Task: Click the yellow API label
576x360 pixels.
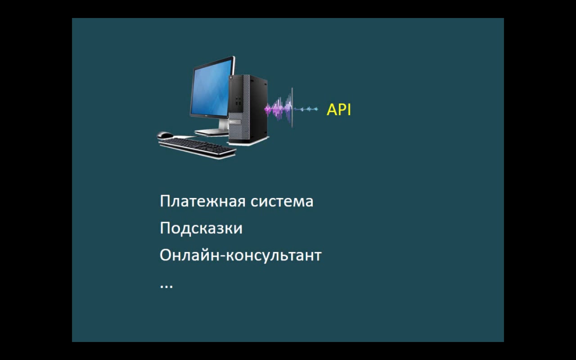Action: [339, 109]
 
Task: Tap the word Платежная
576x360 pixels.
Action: [202, 201]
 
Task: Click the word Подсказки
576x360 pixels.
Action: [201, 228]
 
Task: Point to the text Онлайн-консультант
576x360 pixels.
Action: [241, 255]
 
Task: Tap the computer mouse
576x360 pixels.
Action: [165, 135]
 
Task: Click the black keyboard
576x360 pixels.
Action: [197, 148]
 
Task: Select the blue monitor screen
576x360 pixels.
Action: [211, 88]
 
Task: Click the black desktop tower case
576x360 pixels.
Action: [248, 109]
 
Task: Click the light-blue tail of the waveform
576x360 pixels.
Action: [306, 109]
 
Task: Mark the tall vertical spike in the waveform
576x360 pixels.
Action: [292, 108]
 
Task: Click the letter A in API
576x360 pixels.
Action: [332, 110]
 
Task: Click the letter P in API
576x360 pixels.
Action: [342, 110]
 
